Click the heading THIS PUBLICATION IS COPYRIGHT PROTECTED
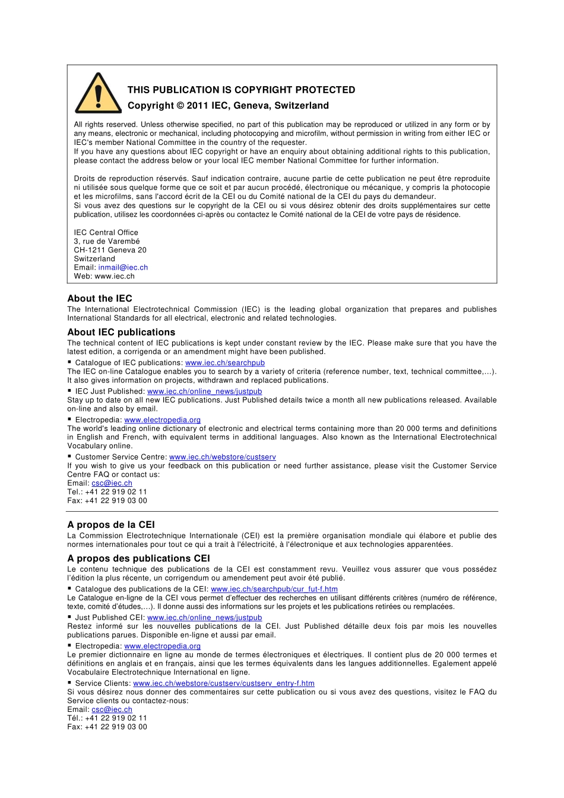pos(241,90)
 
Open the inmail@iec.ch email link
pos(123,268)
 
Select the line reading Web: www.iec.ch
pos(104,276)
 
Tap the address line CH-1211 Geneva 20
pos(110,250)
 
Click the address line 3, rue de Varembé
pos(107,242)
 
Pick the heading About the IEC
pos(100,299)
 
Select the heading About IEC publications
pos(121,332)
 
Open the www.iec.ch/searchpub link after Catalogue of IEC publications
pos(225,363)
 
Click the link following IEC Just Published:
pos(204,392)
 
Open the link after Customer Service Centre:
pos(222,457)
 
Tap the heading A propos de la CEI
pos(111,525)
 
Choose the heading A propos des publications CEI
pos(138,559)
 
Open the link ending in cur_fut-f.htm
pos(274,590)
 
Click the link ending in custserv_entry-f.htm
pos(224,683)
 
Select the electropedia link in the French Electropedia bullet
pos(162,646)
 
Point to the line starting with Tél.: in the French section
pos(107,718)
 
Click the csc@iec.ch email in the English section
pos(112,483)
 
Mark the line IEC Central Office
pos(106,233)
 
